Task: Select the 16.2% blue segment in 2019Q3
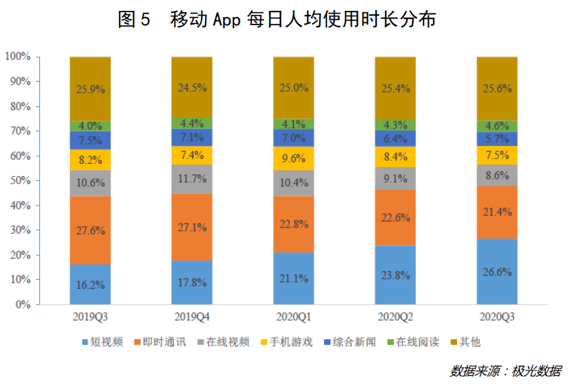pos(90,284)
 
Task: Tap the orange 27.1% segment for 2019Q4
pos(192,227)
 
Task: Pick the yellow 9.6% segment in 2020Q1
pos(293,158)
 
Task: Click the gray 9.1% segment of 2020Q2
pos(395,179)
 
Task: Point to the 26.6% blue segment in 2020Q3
pos(497,271)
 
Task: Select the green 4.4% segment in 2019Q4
pos(192,123)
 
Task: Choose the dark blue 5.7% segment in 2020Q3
pos(497,139)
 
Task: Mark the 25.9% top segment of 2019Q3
pos(90,89)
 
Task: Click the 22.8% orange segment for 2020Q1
pos(293,224)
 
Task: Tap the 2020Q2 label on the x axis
pos(395,317)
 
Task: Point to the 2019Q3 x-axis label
pos(90,317)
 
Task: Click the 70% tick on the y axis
pos(20,130)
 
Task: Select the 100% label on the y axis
pos(18,56)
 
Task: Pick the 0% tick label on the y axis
pos(23,304)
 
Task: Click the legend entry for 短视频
pos(103,342)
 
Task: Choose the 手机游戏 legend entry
pos(286,342)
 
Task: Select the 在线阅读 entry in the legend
pos(413,342)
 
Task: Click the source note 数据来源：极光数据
pos(505,371)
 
